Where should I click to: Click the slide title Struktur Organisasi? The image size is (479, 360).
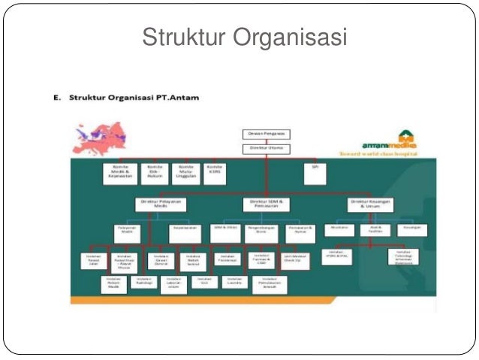point(245,36)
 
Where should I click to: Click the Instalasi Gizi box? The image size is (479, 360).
point(200,283)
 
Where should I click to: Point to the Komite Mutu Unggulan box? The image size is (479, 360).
point(183,173)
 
